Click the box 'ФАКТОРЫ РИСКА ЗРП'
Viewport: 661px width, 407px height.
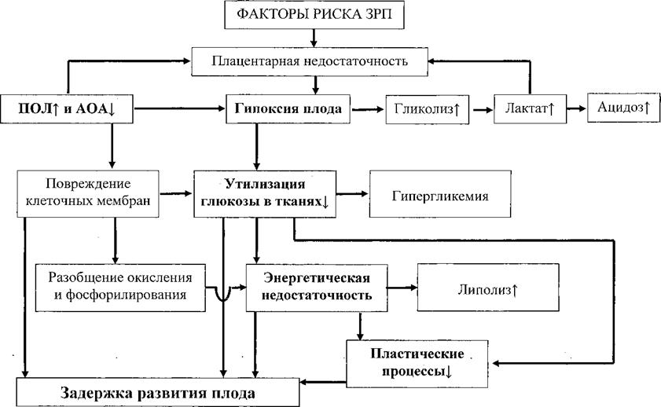point(314,15)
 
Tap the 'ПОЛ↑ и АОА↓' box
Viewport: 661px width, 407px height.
point(66,110)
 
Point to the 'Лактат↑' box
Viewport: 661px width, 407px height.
point(524,110)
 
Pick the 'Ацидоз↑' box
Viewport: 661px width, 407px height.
point(621,109)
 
